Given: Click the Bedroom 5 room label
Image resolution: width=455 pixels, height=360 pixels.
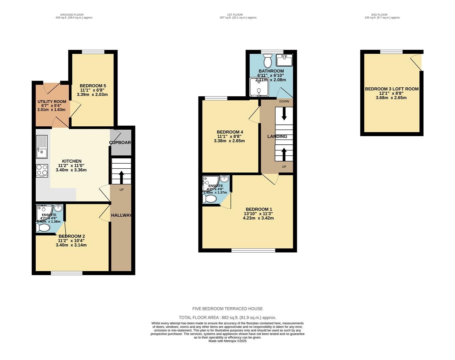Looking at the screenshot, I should [x=93, y=86].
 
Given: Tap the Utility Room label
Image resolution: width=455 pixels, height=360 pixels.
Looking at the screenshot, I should [x=52, y=102].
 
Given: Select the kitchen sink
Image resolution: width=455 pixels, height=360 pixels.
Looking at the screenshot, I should [x=42, y=147].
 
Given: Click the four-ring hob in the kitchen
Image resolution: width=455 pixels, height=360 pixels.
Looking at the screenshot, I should [x=42, y=170].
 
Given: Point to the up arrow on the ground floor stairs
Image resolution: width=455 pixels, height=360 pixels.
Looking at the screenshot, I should [x=121, y=177].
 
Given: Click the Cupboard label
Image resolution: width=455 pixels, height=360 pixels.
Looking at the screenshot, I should [x=120, y=143].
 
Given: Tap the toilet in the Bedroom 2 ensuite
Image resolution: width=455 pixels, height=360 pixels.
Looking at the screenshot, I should [x=43, y=228].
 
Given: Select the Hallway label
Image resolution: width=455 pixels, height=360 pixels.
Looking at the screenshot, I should [x=121, y=215].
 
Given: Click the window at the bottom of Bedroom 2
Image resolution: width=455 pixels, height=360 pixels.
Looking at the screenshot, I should [x=67, y=273].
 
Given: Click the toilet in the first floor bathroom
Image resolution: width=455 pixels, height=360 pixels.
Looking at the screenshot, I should [x=268, y=61].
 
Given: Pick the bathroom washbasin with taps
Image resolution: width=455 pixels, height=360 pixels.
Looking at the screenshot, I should [x=284, y=60].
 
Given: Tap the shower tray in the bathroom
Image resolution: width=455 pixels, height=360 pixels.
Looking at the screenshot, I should [x=259, y=87].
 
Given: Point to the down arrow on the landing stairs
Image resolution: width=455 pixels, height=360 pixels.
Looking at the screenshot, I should [x=284, y=114].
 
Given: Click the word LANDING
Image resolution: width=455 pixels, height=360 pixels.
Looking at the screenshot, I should [x=277, y=136].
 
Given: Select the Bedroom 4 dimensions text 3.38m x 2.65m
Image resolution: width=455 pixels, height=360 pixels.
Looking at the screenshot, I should [x=229, y=141].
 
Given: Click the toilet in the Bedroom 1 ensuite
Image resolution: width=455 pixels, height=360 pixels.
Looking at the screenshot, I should [x=210, y=199].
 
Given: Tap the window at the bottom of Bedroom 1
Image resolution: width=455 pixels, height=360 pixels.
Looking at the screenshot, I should [x=254, y=250].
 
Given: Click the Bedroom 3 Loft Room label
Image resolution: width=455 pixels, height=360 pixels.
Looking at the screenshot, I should [x=392, y=89].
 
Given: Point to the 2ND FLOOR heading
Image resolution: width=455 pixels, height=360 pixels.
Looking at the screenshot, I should [x=379, y=15].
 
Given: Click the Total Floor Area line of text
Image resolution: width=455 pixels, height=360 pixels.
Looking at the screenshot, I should [x=227, y=318].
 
